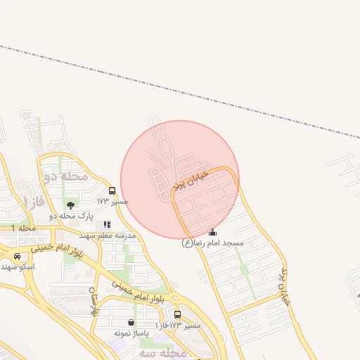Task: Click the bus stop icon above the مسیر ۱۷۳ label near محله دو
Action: (x=112, y=191)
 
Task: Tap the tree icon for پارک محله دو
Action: (x=70, y=205)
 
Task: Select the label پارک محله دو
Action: (x=72, y=217)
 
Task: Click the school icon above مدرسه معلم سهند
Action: (x=107, y=224)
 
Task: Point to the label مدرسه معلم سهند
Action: (x=108, y=236)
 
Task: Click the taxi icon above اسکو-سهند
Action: (x=16, y=256)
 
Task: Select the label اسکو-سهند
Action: (x=17, y=267)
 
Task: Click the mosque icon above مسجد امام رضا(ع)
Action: (x=213, y=232)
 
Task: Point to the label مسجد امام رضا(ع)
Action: (x=212, y=243)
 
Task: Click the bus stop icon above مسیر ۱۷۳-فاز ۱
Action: (x=177, y=314)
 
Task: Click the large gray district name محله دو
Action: (x=65, y=176)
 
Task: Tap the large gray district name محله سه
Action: (x=163, y=352)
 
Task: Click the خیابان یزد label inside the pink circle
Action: (x=191, y=181)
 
